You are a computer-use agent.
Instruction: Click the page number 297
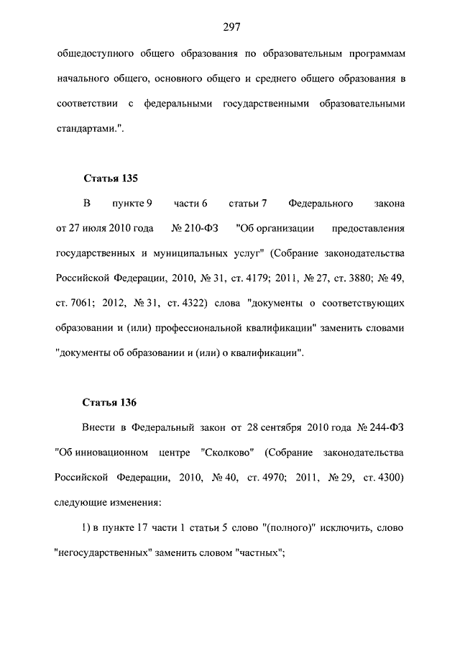(x=231, y=27)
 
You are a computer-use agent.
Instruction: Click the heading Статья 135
(x=109, y=178)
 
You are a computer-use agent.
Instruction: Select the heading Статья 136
(x=109, y=401)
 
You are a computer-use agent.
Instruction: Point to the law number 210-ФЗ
(x=198, y=229)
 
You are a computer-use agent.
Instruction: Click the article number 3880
(x=366, y=278)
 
